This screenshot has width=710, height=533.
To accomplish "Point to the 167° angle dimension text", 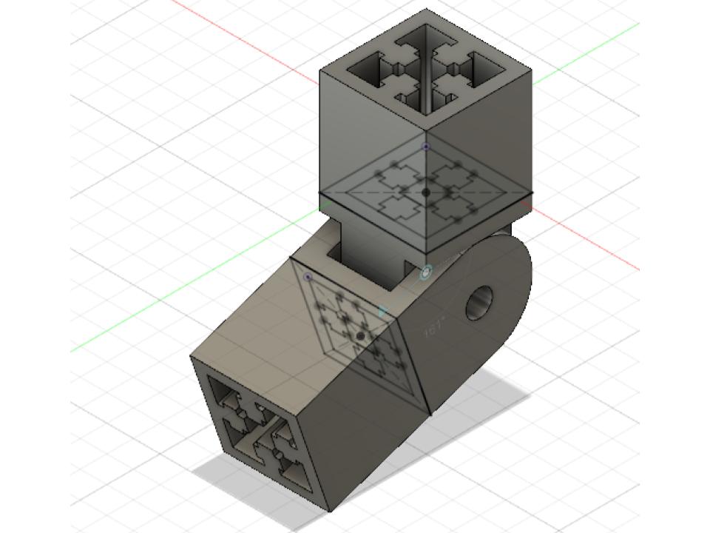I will point(434,326).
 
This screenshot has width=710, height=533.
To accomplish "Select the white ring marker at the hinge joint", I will point(426,274).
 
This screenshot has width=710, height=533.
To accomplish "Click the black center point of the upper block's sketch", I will point(426,192).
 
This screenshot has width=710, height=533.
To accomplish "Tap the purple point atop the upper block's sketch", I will point(426,147).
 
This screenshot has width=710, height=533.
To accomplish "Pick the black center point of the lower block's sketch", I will point(360,336).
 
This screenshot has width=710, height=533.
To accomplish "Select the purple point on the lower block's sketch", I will point(308,277).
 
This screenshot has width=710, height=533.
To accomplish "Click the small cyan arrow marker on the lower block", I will point(382,312).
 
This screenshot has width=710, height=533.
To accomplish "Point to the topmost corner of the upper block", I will point(426,10).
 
